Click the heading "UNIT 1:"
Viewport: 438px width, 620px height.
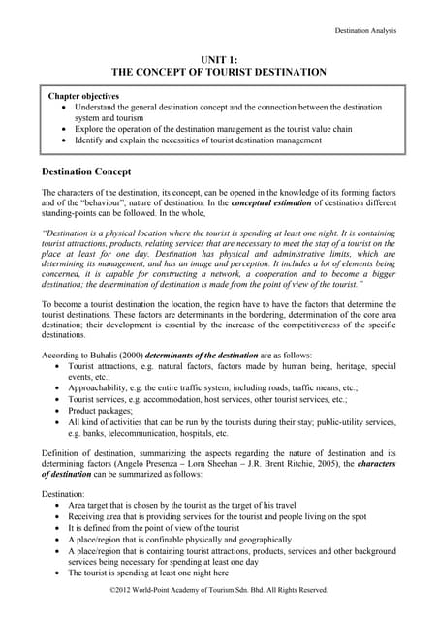[219, 59]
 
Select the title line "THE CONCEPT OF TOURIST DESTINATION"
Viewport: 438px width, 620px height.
[219, 72]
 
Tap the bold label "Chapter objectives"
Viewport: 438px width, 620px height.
[84, 97]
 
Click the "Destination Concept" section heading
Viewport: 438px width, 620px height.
[98, 171]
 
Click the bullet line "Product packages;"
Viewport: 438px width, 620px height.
[105, 411]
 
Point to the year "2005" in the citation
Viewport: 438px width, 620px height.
[343, 464]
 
